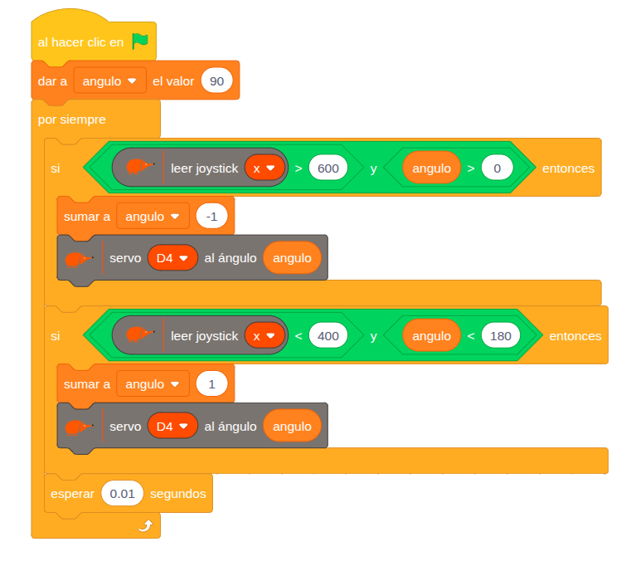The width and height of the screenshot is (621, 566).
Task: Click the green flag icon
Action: click(140, 41)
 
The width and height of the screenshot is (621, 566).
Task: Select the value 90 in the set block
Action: click(216, 81)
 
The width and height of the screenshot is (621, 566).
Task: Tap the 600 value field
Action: click(328, 168)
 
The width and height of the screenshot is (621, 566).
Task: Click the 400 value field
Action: click(328, 336)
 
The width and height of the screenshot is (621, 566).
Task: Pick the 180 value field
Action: click(500, 336)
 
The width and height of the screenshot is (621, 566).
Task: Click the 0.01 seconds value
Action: click(122, 494)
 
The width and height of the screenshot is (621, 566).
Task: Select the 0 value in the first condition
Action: click(497, 168)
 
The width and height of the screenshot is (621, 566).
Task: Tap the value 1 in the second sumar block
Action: click(211, 384)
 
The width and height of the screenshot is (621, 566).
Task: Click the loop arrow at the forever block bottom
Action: click(145, 525)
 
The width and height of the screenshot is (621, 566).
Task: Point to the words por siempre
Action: click(72, 120)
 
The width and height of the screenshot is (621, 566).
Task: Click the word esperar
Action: click(72, 494)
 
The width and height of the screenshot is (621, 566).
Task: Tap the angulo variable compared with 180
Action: click(431, 336)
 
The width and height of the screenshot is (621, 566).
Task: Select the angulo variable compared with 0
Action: click(431, 168)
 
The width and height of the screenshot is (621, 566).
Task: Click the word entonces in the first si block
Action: click(568, 168)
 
